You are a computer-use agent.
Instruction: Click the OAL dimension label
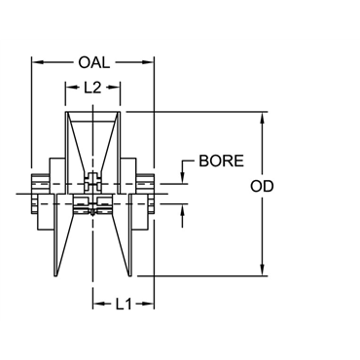tap(92, 63)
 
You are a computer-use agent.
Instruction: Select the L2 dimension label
tap(93, 87)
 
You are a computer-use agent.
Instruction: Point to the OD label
tap(289, 186)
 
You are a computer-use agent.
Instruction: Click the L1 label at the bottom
tap(124, 305)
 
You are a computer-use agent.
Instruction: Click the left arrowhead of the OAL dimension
tap(36, 63)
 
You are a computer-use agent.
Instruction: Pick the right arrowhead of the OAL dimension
tap(151, 63)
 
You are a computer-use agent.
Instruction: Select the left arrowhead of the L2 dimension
tap(68, 87)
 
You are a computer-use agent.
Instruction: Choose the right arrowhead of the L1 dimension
tap(151, 305)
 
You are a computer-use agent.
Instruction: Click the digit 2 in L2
tap(98, 87)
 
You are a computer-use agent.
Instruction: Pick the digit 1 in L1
tap(128, 305)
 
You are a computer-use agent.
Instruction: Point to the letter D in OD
tap(296, 186)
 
